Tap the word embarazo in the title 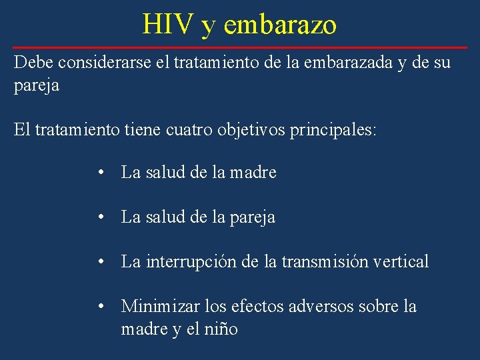tap(281, 25)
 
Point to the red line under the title tap(240, 48)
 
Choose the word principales tap(333, 129)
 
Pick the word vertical tap(399, 262)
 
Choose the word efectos tap(255, 307)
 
